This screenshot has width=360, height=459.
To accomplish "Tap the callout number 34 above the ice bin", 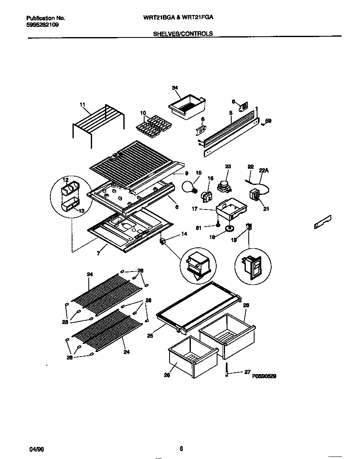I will (175, 88).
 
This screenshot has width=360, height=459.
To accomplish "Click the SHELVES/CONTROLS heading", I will (183, 34).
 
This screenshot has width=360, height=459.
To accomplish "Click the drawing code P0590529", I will (264, 376).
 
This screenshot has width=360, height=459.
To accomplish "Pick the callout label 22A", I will (264, 170).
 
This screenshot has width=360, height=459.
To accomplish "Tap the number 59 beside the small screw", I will (268, 121).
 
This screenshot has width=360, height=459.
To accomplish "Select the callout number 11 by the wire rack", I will (82, 105).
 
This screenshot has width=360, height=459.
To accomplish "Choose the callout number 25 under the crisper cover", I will (150, 335).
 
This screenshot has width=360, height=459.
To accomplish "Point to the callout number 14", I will (184, 234).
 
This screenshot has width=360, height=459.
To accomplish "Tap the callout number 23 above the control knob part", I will (228, 166).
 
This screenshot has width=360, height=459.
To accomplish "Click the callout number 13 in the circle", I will (81, 211).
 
